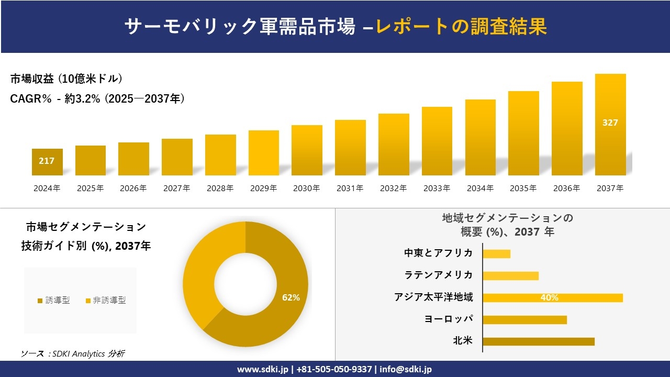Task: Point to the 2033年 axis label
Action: tap(437, 188)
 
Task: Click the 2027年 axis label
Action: tap(176, 188)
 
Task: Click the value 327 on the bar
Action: tap(610, 123)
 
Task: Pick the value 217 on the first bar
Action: tap(47, 161)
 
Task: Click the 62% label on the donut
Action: tap(291, 297)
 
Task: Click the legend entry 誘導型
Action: tap(54, 301)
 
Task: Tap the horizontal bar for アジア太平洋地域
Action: tap(553, 297)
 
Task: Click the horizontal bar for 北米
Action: tap(539, 341)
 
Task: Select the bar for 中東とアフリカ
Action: tap(496, 253)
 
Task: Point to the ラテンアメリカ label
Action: tap(439, 275)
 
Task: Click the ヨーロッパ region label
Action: tap(449, 319)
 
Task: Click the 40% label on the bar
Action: tap(550, 297)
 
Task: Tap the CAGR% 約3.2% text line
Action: tap(97, 98)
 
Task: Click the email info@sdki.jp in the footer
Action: tap(406, 369)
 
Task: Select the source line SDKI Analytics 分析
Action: tap(73, 353)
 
